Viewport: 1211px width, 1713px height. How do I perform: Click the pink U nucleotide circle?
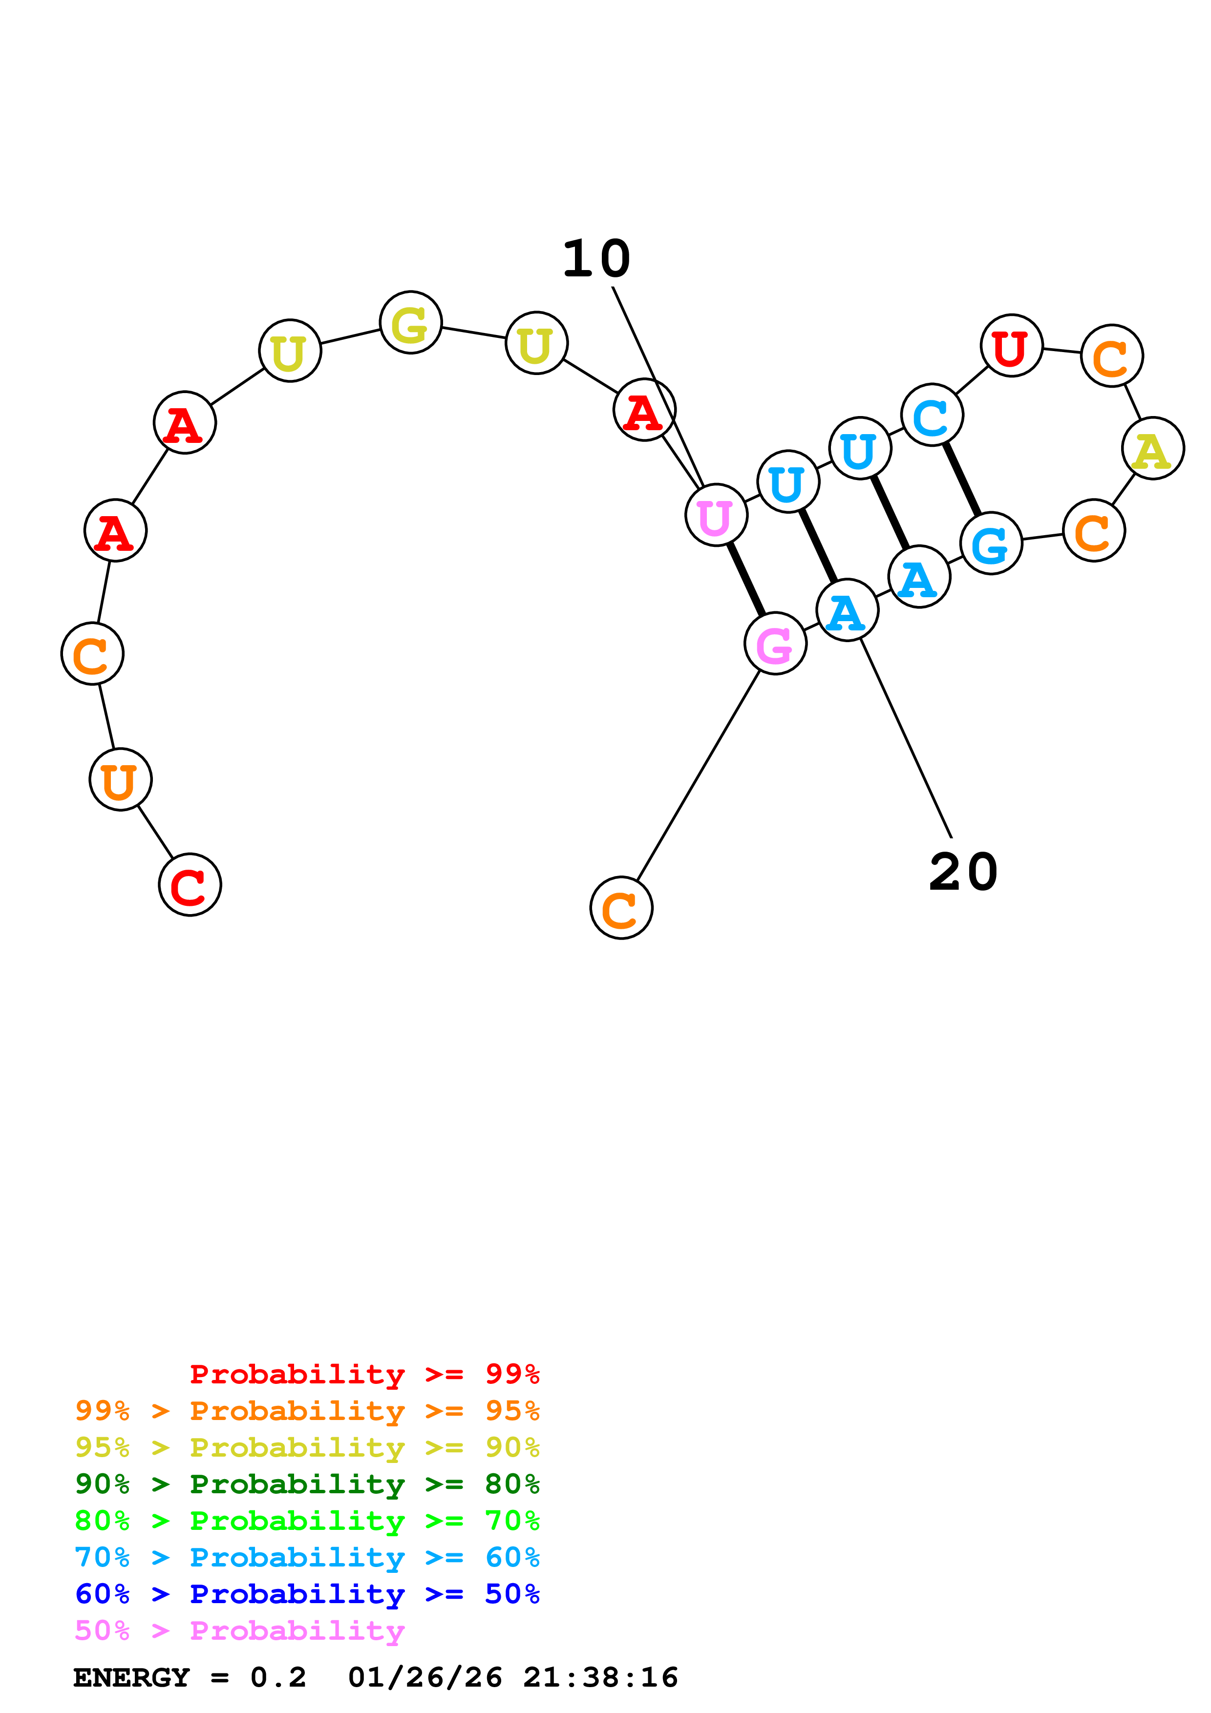point(716,515)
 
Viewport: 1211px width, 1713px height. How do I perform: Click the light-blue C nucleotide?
point(931,415)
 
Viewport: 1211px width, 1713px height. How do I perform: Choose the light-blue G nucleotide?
point(990,544)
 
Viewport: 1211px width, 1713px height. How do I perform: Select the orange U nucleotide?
point(120,780)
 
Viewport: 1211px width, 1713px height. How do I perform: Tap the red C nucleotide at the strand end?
point(190,885)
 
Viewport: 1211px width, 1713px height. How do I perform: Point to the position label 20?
point(962,872)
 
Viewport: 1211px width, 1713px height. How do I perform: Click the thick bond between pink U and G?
point(745,579)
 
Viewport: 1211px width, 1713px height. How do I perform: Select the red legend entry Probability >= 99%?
point(364,1374)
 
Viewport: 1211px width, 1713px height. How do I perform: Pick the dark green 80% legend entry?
point(307,1484)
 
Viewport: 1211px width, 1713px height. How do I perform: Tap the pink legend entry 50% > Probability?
point(239,1631)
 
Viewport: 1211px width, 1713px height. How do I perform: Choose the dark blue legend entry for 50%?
point(307,1594)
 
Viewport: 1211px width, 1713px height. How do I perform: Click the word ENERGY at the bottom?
point(131,1678)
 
